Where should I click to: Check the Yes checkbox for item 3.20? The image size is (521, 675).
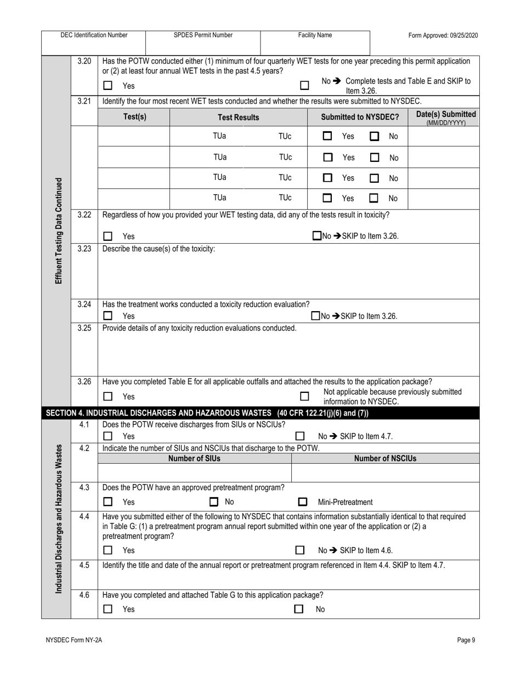[x=108, y=86]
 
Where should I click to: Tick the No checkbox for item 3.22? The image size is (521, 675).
[x=316, y=236]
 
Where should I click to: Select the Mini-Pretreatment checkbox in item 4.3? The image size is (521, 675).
[x=302, y=502]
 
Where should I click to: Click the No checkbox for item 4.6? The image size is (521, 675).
[x=299, y=609]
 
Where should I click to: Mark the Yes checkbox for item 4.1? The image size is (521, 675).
[x=108, y=436]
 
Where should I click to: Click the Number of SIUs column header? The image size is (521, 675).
[x=194, y=458]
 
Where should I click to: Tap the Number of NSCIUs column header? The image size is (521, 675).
[x=385, y=458]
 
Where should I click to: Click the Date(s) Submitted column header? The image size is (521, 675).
[x=446, y=117]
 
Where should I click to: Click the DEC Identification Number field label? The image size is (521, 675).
[x=94, y=35]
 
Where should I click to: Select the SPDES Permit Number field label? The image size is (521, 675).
[x=203, y=35]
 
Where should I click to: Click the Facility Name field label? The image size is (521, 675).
[x=315, y=35]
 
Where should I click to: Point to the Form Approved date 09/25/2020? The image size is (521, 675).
[x=443, y=36]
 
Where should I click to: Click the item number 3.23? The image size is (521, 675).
[x=84, y=249]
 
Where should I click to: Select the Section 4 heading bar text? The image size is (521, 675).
[x=207, y=413]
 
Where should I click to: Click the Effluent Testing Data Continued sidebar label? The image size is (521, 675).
[x=58, y=230]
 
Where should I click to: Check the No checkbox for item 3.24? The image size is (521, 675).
[x=315, y=316]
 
